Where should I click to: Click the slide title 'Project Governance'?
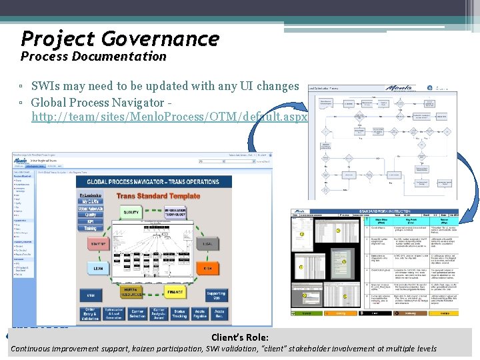coord(120,38)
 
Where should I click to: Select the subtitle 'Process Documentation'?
coord(93,57)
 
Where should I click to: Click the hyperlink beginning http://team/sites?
coord(169,117)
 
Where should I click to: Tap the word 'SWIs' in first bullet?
coord(46,86)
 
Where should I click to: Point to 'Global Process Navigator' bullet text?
coord(97,103)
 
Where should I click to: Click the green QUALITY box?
coord(131,212)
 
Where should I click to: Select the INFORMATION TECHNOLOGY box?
coord(175,212)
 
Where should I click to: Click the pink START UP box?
coord(99,245)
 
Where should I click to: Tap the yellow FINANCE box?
coord(175,291)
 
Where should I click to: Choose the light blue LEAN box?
coord(99,268)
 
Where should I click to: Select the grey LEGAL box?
coord(207,244)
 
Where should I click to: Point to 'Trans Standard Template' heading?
coord(159,196)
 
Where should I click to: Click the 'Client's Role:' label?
coord(240,338)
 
